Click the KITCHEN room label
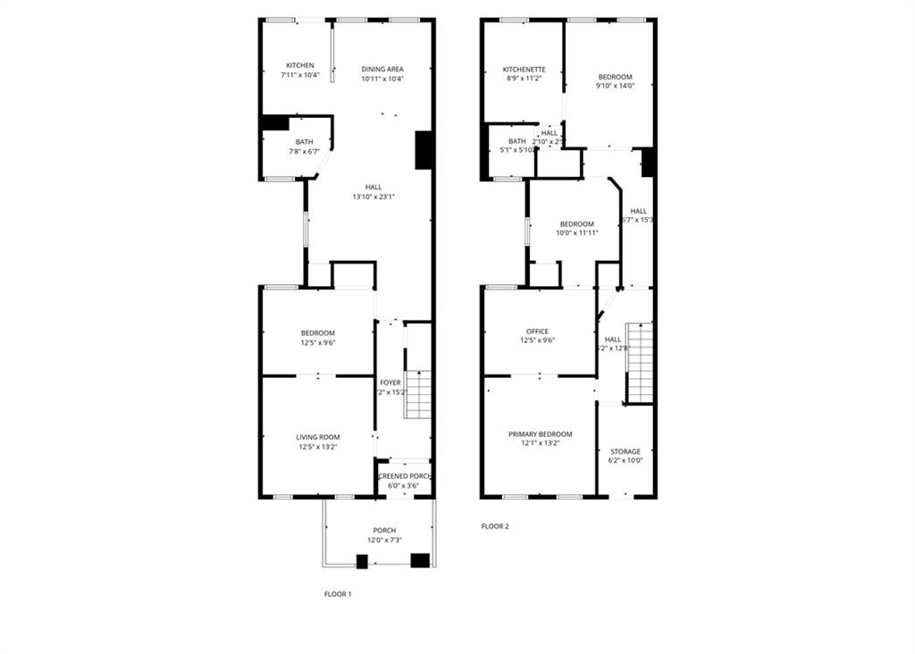[299, 65]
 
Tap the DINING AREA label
[382, 69]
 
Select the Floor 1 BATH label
[305, 142]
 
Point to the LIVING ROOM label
[317, 437]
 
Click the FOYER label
[390, 382]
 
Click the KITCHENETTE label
[522, 69]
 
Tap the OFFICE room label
[538, 331]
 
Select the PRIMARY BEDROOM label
[540, 434]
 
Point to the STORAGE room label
[625, 451]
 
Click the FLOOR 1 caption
[337, 593]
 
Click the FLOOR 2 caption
[494, 526]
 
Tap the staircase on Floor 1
[418, 394]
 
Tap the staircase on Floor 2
[640, 362]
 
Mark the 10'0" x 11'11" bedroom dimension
[576, 232]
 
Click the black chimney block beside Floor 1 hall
[424, 150]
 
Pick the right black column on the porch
[419, 560]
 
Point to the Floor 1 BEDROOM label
[317, 333]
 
